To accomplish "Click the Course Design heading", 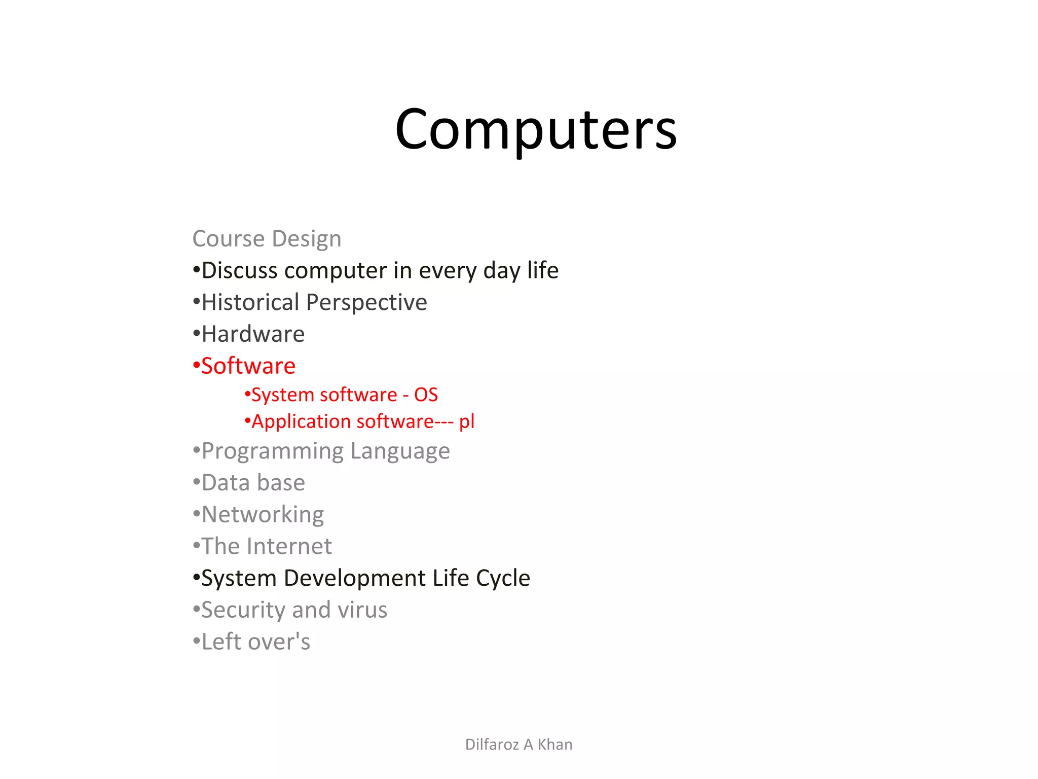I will (267, 238).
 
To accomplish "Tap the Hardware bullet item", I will (253, 334).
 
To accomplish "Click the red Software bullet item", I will (248, 366).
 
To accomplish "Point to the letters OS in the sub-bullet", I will (426, 395).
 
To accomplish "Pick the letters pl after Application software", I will (467, 422).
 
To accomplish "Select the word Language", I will (400, 451).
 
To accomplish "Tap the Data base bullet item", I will (253, 483).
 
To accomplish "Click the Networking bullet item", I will (263, 515).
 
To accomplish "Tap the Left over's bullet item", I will (255, 642).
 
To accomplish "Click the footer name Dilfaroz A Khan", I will (518, 744).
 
